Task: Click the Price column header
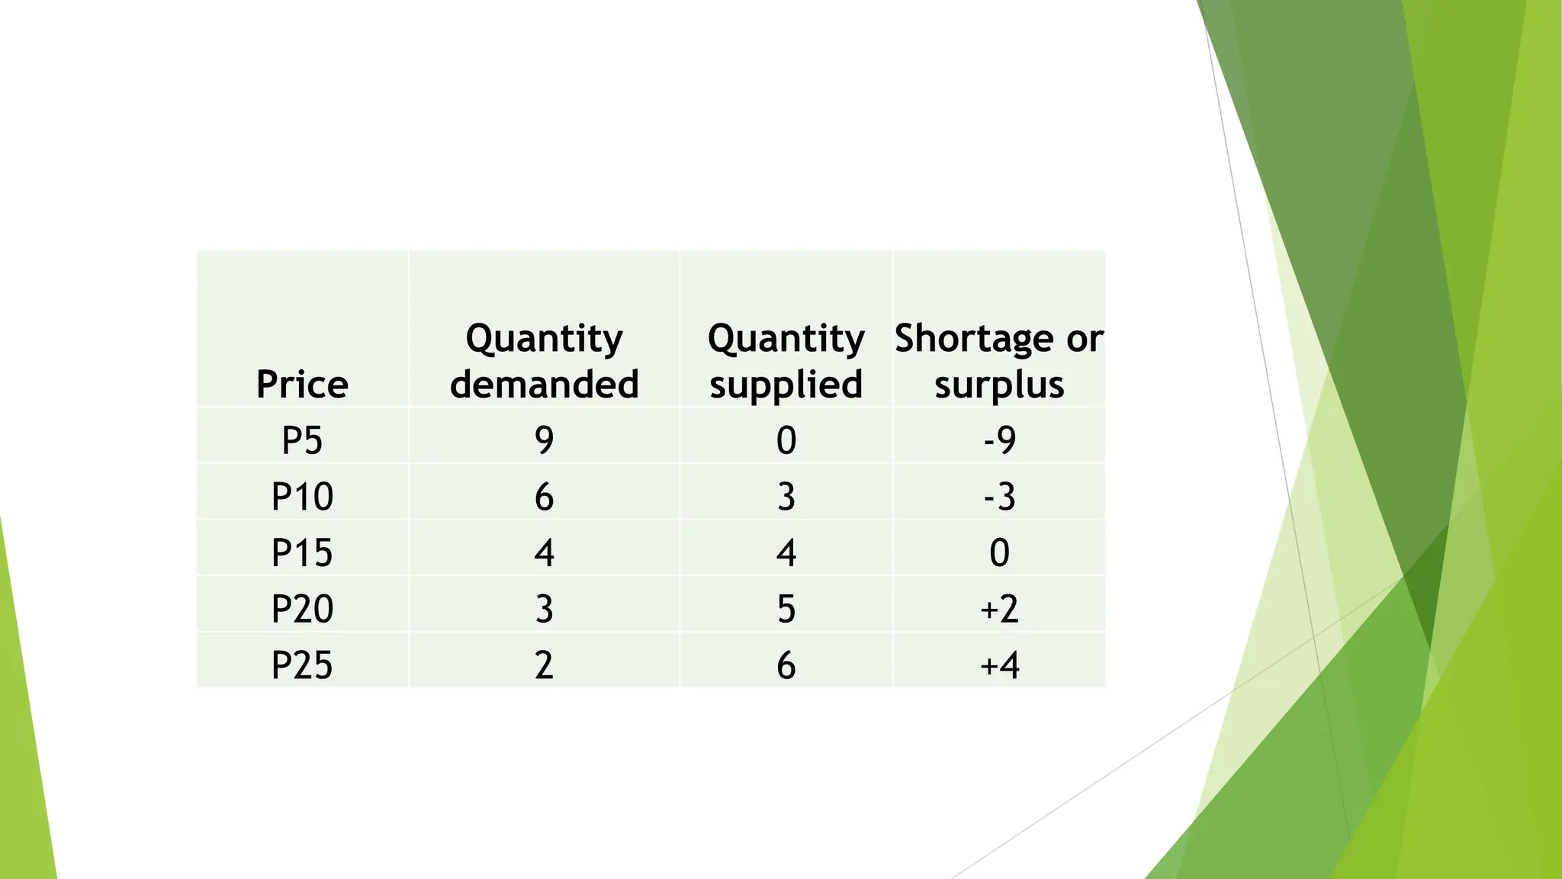[302, 384]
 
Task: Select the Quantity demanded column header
[544, 361]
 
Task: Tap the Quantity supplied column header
[786, 361]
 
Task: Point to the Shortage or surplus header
[999, 361]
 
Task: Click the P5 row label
[302, 440]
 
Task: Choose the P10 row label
[302, 497]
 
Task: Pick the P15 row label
[302, 552]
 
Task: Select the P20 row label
[302, 609]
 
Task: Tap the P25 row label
[302, 665]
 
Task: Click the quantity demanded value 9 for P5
[544, 440]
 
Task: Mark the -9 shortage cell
[999, 440]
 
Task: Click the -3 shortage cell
[999, 497]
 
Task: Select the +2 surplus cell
[999, 609]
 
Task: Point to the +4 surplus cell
[999, 665]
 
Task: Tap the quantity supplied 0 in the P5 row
[786, 440]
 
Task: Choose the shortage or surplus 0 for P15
[999, 552]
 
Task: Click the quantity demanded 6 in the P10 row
[544, 497]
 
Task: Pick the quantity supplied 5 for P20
[786, 609]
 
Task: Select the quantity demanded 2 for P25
[544, 665]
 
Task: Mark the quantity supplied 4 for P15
[786, 552]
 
